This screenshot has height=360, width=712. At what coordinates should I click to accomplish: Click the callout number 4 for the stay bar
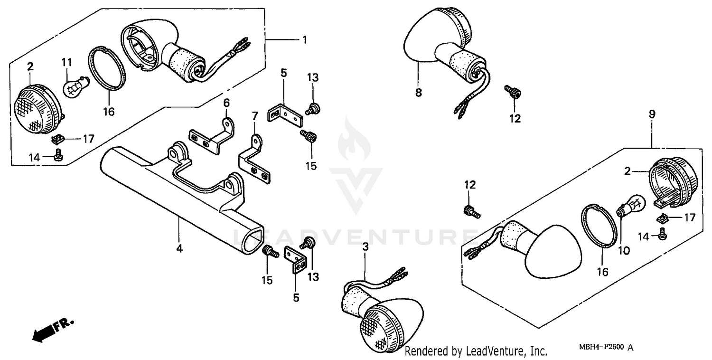pyautogui.click(x=179, y=248)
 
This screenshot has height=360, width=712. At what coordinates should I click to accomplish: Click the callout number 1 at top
pyautogui.click(x=305, y=40)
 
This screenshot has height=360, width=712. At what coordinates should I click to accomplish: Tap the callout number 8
pyautogui.click(x=419, y=94)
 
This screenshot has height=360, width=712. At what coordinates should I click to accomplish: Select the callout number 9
pyautogui.click(x=652, y=114)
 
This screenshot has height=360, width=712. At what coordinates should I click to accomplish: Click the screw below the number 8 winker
pyautogui.click(x=513, y=92)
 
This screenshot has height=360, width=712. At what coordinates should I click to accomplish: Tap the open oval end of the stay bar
pyautogui.click(x=252, y=240)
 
